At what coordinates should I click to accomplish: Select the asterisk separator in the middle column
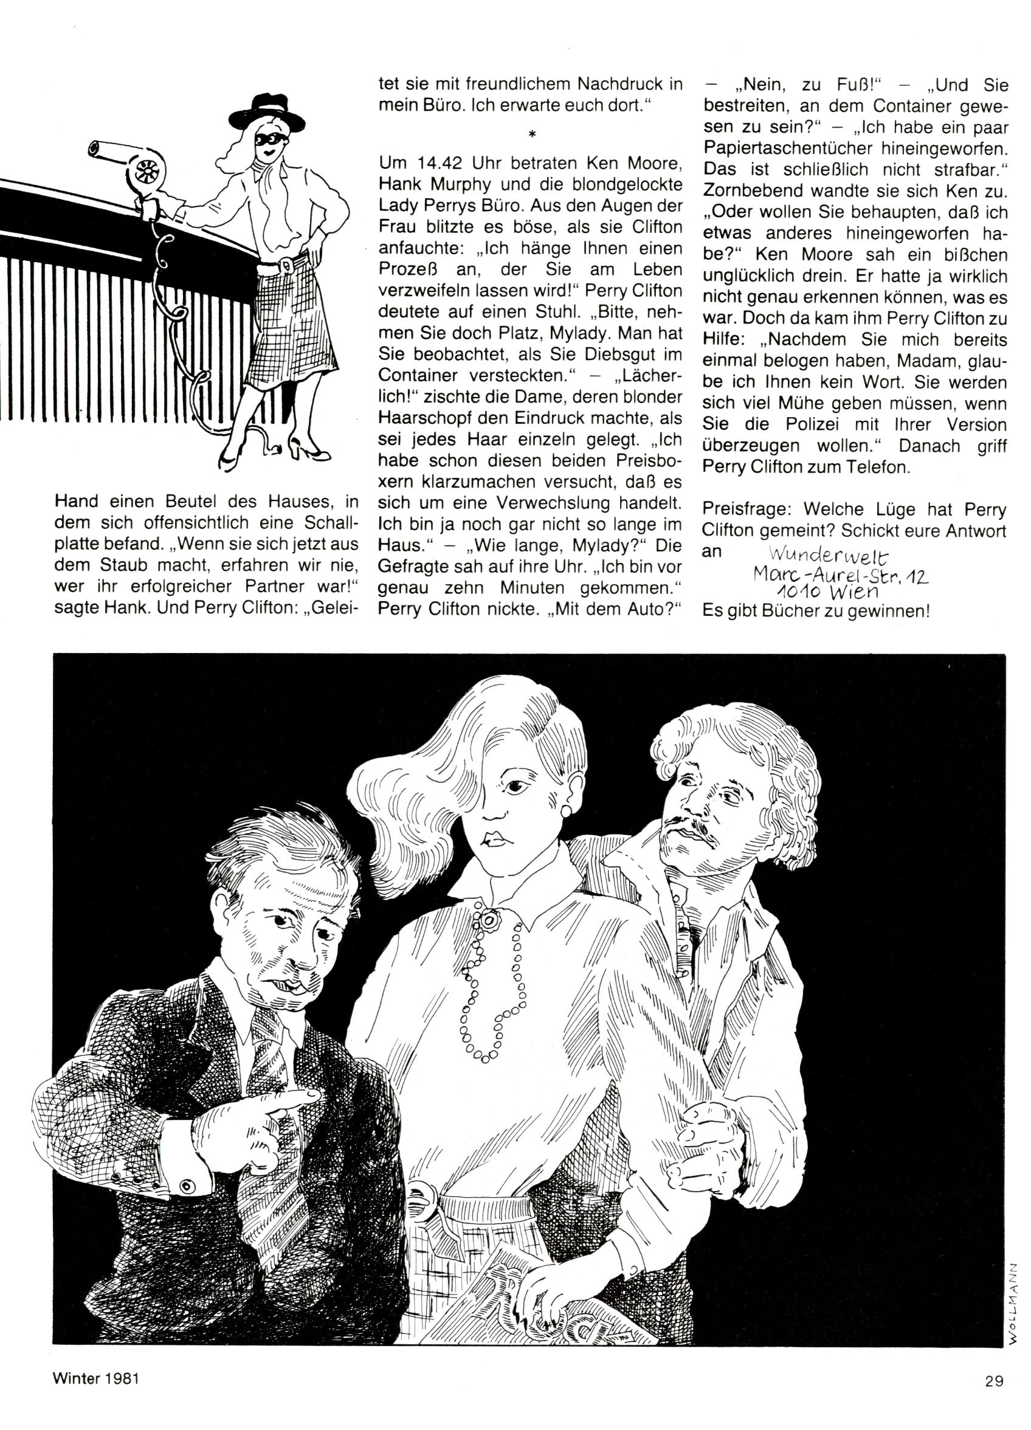(x=531, y=134)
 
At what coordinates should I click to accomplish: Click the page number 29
(x=994, y=1380)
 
